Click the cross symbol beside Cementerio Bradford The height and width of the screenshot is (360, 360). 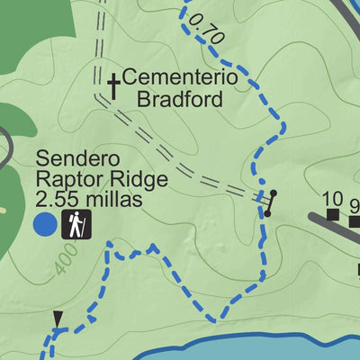tap(113, 86)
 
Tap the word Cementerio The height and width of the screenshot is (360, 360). tap(179, 78)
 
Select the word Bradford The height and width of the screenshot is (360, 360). tap(179, 98)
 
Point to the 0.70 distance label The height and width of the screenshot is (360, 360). tap(208, 31)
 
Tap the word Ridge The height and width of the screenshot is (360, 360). tap(121, 180)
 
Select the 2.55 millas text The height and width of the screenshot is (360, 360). tap(89, 200)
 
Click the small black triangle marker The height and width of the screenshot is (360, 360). tap(58, 318)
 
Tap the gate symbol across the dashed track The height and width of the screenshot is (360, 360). tap(268, 203)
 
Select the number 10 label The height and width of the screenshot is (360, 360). tap(332, 199)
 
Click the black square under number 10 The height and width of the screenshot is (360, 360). tap(332, 214)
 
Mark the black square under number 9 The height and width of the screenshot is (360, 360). tap(355, 220)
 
